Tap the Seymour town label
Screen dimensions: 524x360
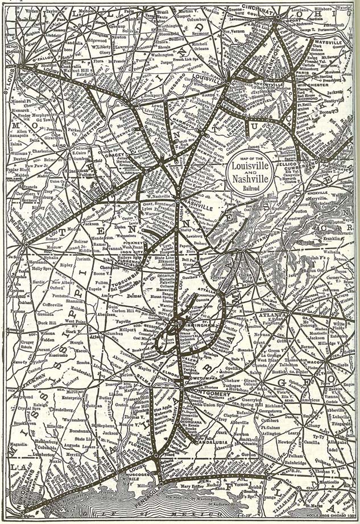(x=201, y=30)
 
